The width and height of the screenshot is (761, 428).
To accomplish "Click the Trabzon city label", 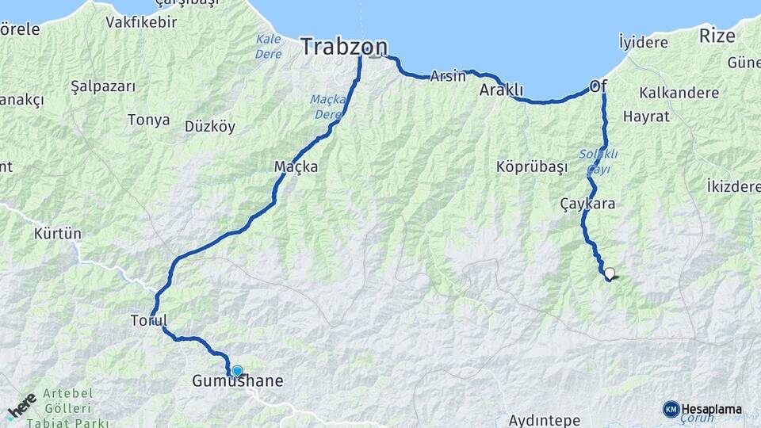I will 344,46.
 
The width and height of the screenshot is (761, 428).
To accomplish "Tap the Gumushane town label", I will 237,381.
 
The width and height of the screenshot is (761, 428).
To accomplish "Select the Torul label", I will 148,321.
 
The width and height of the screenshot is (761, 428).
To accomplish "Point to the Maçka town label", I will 296,167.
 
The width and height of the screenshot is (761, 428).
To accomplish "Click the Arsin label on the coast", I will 448,77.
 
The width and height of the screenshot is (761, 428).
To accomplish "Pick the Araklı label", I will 502,91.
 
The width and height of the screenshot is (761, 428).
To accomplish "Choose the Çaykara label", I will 587,204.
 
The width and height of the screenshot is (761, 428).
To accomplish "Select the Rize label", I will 717,36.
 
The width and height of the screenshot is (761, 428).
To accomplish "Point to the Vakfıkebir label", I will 141,22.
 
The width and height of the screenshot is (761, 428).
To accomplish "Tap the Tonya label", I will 148,120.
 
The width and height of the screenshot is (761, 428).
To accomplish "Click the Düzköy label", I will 210,127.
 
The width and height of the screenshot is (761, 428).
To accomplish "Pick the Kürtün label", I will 58,235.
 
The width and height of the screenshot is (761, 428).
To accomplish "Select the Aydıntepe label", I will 545,420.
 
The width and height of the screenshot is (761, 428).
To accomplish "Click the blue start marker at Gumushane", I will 237,370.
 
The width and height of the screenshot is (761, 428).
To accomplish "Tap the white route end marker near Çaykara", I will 610,274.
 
